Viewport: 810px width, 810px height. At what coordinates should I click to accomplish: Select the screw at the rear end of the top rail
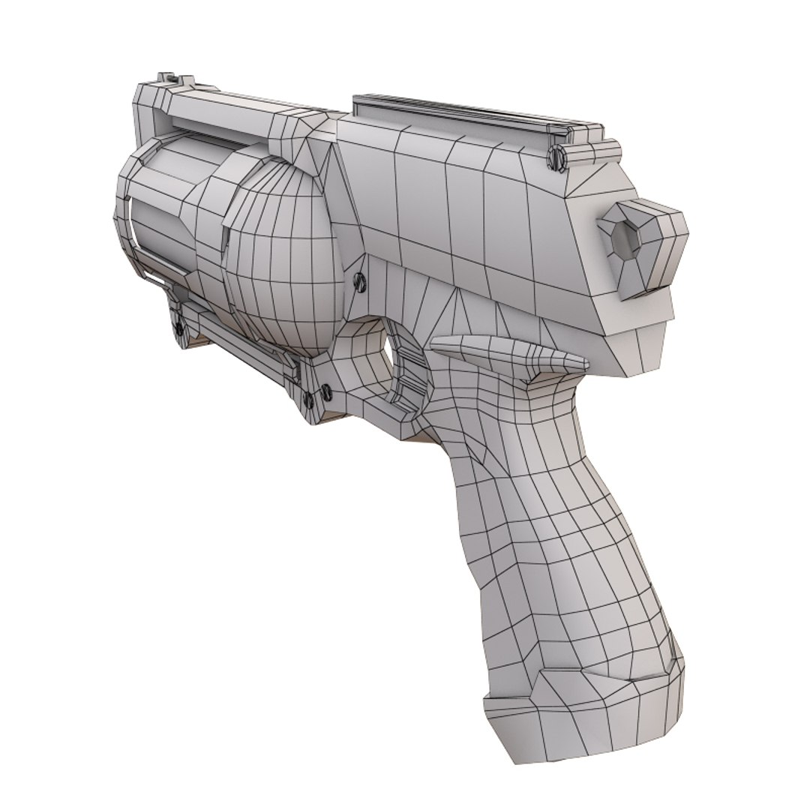click(556, 156)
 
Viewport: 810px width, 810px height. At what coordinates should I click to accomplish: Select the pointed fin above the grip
click(502, 353)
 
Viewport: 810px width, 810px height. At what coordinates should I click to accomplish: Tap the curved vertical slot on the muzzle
click(128, 225)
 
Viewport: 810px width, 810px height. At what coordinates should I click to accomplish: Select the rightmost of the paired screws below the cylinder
click(325, 390)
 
